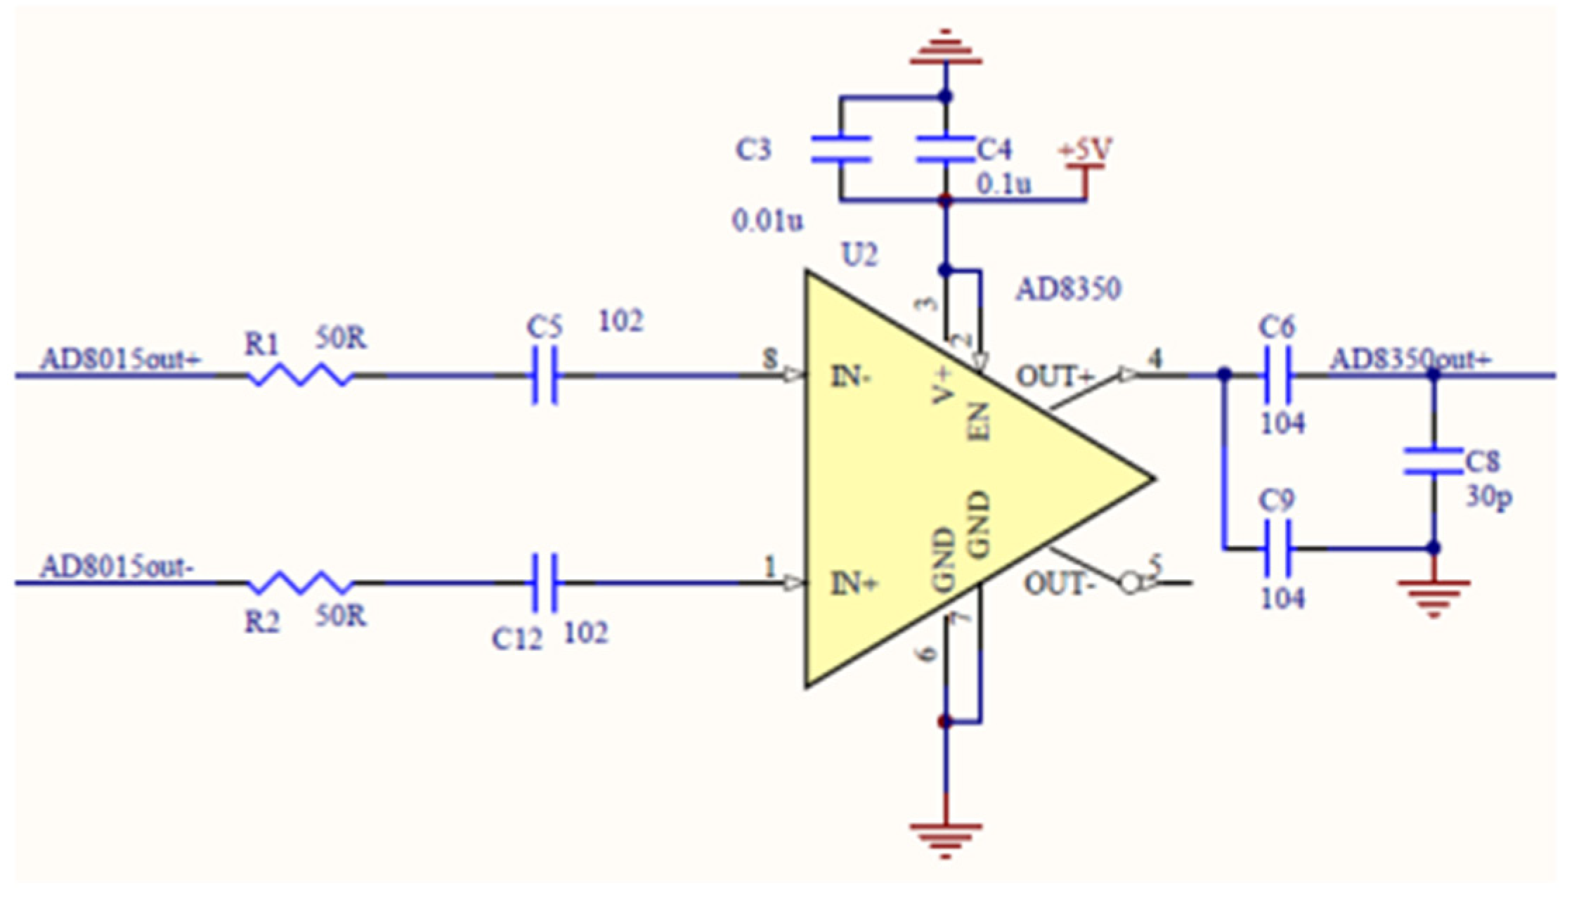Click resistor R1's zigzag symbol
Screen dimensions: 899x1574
300,375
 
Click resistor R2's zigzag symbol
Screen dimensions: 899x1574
300,583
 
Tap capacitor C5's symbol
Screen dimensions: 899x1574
545,375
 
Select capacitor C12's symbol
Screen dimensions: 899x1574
545,583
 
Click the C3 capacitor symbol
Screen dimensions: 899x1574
841,149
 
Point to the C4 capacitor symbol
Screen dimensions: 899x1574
946,149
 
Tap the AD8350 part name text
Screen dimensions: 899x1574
1068,289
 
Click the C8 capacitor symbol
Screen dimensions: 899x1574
1433,461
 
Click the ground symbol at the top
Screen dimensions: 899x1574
946,49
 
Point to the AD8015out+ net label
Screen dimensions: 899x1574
120,359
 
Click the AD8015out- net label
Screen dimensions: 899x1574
117,567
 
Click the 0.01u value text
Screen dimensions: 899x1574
767,221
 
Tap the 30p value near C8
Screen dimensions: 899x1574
1488,496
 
